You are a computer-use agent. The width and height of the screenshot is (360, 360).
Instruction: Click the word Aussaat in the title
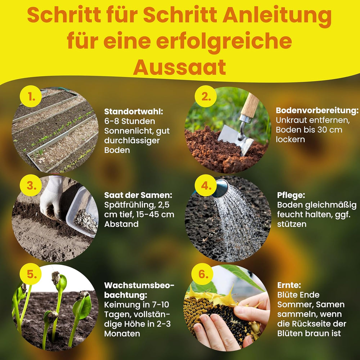180,67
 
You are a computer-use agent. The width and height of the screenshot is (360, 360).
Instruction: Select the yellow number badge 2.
206,97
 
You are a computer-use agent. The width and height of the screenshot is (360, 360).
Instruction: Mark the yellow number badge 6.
204,274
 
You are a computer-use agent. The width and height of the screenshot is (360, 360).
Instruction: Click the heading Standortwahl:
134,111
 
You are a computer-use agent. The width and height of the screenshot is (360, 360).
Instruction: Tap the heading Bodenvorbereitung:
317,111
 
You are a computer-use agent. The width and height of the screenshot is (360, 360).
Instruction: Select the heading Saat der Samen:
138,195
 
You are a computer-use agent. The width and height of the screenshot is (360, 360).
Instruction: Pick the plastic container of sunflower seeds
83,212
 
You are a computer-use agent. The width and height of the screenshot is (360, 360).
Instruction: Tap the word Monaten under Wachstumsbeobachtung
122,333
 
